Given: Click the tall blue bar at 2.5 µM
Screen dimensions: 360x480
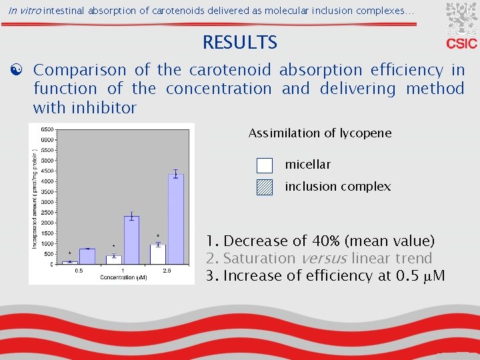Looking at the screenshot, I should point(176,219).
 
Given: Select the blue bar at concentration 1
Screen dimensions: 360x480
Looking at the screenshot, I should point(131,240).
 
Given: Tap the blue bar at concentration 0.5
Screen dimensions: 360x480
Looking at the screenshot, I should point(87,256).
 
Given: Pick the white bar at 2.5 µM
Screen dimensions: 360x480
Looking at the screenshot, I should point(158,254).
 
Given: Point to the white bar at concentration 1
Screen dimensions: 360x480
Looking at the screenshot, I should point(114,259).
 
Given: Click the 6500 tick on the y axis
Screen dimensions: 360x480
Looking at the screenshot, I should point(47,129).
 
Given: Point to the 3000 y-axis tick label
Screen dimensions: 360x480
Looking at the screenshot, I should point(47,202).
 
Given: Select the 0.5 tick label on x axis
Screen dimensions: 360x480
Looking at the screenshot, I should point(79,270).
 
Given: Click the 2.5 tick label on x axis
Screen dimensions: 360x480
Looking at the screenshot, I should point(167,270).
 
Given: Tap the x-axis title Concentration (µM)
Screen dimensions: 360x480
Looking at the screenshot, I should point(123,277).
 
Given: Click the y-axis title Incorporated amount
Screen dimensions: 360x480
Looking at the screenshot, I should point(35,200).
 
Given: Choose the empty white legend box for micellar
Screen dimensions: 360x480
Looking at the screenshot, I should point(265,165).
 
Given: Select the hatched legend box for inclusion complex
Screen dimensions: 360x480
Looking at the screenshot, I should point(265,187).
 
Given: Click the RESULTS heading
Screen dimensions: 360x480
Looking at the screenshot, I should point(239,43).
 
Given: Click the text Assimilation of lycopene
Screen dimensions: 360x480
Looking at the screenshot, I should point(320,133).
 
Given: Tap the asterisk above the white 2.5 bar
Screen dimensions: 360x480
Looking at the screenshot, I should point(158,235).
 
